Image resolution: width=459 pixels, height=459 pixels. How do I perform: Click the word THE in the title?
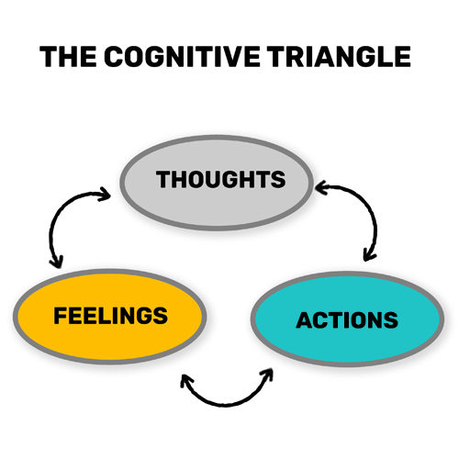pyautogui.click(x=68, y=57)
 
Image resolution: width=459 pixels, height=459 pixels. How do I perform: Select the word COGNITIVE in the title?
pyautogui.click(x=183, y=57)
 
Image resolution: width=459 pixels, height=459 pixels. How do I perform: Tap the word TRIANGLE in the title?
pyautogui.click(x=339, y=57)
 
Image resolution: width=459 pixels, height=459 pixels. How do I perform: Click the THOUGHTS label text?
pyautogui.click(x=221, y=179)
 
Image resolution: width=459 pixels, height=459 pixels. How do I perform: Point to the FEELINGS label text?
pyautogui.click(x=111, y=316)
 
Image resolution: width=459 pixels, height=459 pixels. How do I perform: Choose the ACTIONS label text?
pyautogui.click(x=347, y=320)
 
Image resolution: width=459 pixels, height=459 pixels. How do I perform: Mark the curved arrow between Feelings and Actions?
pyautogui.click(x=226, y=405)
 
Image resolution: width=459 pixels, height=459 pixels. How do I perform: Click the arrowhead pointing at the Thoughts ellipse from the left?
pyautogui.click(x=105, y=194)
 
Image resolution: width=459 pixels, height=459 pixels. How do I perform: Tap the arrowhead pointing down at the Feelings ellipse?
pyautogui.click(x=57, y=262)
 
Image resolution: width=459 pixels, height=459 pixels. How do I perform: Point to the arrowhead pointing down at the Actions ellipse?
pyautogui.click(x=369, y=255)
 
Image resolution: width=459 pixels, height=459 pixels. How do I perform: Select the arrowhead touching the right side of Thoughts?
pyautogui.click(x=321, y=187)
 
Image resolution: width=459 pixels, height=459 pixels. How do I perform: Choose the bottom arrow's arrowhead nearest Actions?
pyautogui.click(x=267, y=375)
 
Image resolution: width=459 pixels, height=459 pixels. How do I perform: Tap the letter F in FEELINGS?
pyautogui.click(x=61, y=316)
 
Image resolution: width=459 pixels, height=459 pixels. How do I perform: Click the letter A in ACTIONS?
pyautogui.click(x=305, y=320)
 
